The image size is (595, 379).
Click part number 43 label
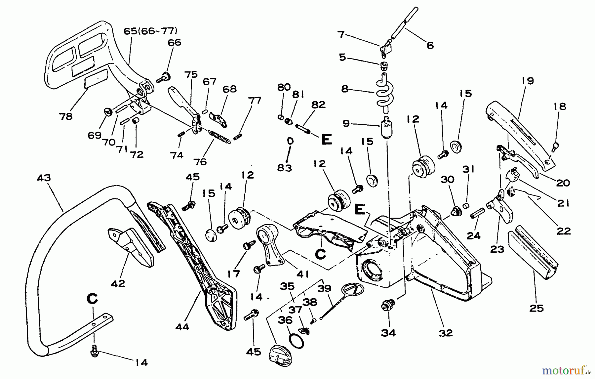[44, 178]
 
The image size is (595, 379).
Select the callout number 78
[66, 116]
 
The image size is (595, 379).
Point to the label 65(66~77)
[150, 31]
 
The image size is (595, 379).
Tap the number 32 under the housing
[446, 333]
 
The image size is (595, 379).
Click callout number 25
[536, 308]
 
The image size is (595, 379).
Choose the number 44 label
[182, 327]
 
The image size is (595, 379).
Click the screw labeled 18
[556, 145]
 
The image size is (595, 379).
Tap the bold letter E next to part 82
[326, 140]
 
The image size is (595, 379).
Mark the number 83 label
[284, 168]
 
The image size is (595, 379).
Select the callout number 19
[528, 81]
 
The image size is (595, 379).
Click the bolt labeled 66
[164, 78]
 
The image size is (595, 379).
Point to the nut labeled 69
[108, 112]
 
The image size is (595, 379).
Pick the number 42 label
[118, 283]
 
